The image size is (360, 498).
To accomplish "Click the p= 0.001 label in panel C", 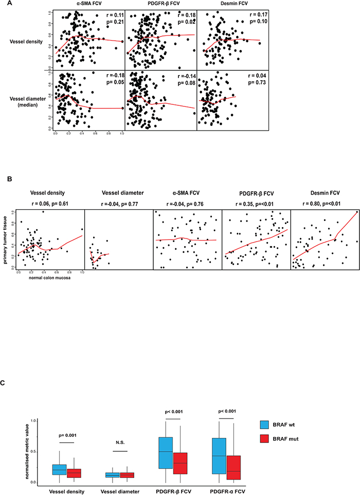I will point(67,434).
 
